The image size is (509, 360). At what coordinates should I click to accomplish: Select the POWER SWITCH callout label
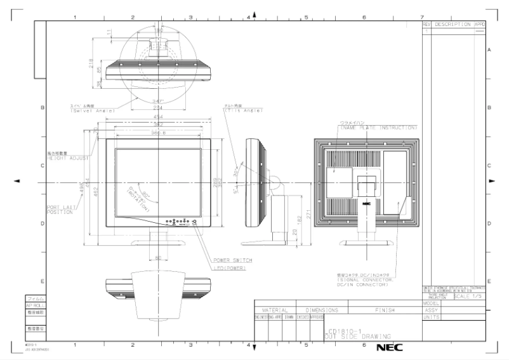[x=233, y=260]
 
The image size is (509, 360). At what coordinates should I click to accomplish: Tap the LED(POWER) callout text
[x=229, y=269]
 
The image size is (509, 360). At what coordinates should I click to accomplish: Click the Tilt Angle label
[x=238, y=110]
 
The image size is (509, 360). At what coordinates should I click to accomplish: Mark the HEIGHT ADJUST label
[x=67, y=156]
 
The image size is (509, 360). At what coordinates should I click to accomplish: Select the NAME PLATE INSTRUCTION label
[x=379, y=128]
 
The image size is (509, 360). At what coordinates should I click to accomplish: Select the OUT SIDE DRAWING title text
[x=356, y=335]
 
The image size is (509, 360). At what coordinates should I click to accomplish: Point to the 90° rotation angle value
[x=145, y=194]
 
